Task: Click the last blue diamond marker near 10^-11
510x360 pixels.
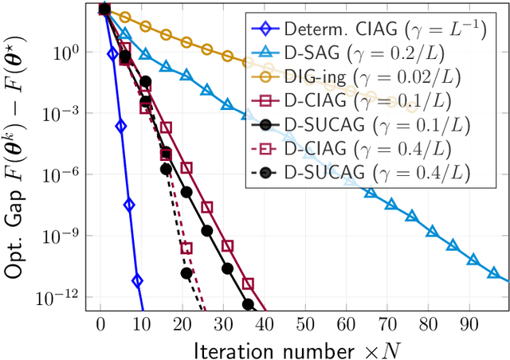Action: pyautogui.click(x=137, y=280)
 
